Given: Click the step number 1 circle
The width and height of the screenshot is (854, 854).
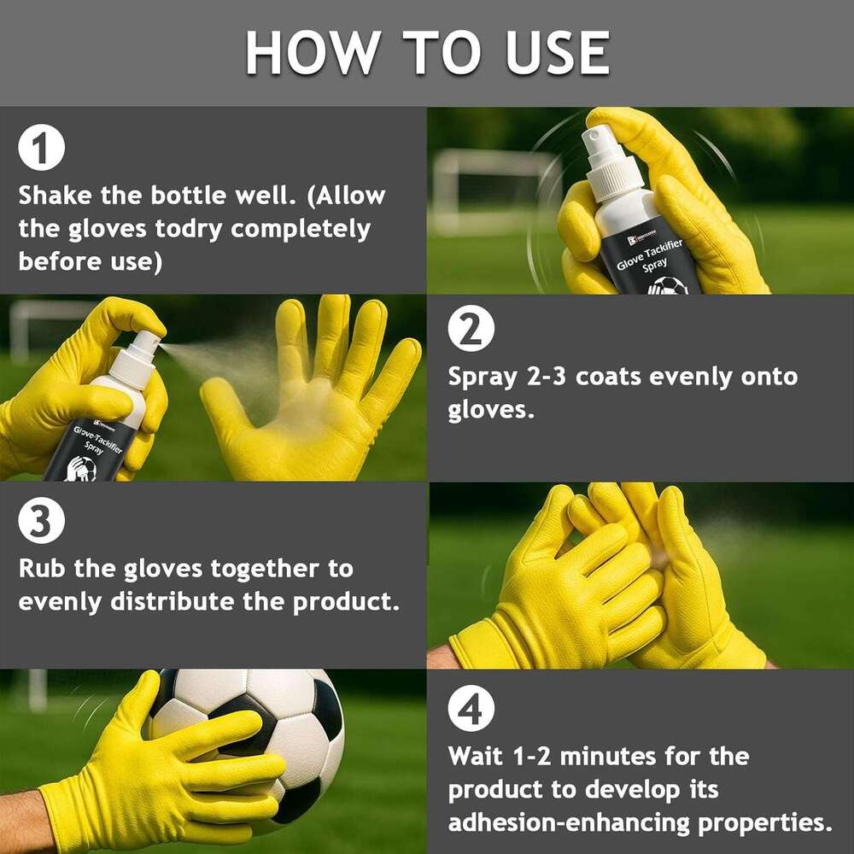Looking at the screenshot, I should (x=41, y=148).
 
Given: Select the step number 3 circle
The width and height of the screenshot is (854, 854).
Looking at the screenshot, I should (x=41, y=520).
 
